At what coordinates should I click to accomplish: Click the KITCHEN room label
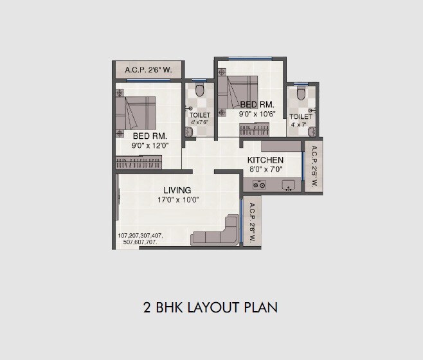[x=265, y=160]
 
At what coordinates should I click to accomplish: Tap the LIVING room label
[x=177, y=190]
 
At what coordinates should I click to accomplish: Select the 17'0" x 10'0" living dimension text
[x=177, y=200]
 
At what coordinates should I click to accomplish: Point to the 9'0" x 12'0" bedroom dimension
[x=150, y=147]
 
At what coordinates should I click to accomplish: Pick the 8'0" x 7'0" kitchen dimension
[x=265, y=170]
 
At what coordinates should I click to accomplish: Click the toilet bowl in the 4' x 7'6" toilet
[x=199, y=89]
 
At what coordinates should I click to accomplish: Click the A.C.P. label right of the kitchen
[x=314, y=165]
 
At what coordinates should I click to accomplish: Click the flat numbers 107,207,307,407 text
[x=140, y=236]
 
